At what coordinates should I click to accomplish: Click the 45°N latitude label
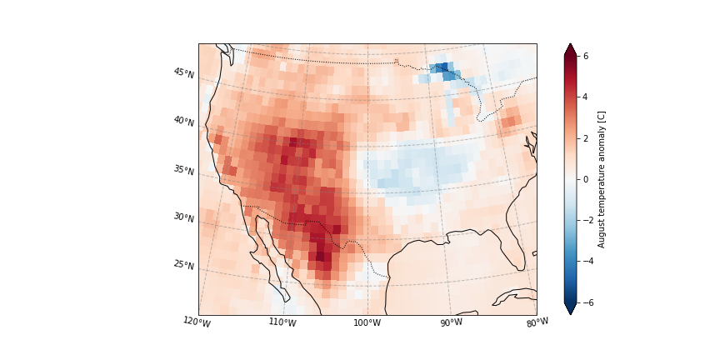(x=183, y=73)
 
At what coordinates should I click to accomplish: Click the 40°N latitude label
(x=183, y=122)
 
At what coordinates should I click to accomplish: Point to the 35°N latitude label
(x=183, y=170)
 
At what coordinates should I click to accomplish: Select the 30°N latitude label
(x=183, y=217)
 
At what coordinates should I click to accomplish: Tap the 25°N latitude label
(x=183, y=265)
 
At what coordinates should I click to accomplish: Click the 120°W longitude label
(x=197, y=322)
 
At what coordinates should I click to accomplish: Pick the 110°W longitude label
(x=282, y=322)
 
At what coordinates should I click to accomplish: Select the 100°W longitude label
(x=367, y=322)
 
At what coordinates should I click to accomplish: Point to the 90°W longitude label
(x=451, y=322)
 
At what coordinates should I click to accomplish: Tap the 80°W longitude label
(x=537, y=322)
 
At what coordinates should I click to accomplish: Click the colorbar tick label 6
(x=585, y=56)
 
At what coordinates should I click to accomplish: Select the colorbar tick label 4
(x=585, y=97)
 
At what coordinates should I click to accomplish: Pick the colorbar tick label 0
(x=585, y=179)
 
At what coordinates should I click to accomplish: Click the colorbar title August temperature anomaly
(x=602, y=179)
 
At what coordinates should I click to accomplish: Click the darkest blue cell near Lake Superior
(x=442, y=67)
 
